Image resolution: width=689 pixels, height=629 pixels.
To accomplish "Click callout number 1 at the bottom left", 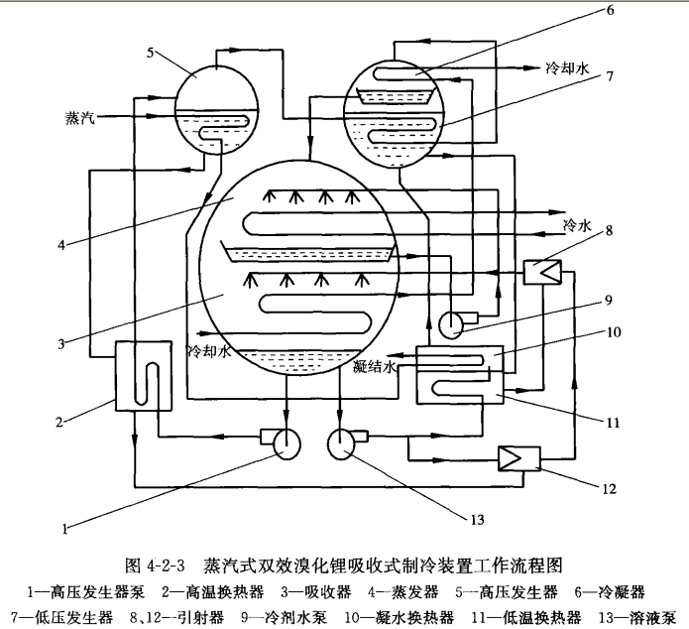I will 65,530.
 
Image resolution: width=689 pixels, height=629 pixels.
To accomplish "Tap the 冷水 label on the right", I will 577,225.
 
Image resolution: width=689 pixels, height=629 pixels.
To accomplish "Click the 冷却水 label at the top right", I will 568,69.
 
